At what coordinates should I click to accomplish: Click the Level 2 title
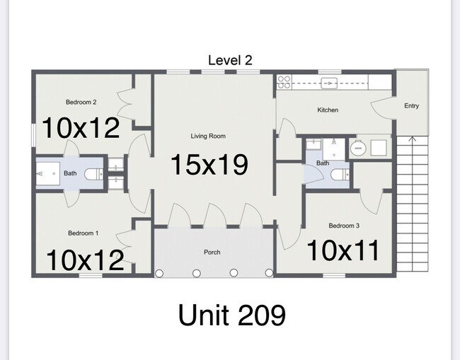(x=230, y=60)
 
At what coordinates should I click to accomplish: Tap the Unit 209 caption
(x=231, y=315)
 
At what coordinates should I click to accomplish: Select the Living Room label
(x=208, y=136)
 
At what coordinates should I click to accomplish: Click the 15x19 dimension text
(x=209, y=165)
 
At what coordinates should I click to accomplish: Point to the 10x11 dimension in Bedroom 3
(x=343, y=250)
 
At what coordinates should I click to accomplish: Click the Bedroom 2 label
(x=81, y=102)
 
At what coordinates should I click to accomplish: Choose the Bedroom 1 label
(x=83, y=233)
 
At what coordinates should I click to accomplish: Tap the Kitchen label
(x=328, y=110)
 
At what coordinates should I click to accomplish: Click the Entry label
(x=411, y=106)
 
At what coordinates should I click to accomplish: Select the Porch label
(x=212, y=252)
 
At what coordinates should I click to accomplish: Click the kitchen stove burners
(x=284, y=82)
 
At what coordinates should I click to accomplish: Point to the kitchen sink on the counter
(x=329, y=83)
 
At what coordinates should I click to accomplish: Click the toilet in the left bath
(x=94, y=174)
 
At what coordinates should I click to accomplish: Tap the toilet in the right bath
(x=340, y=175)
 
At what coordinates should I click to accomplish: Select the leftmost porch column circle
(x=159, y=273)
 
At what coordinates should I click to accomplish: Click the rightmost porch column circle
(x=269, y=273)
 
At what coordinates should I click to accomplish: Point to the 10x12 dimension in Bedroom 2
(x=81, y=128)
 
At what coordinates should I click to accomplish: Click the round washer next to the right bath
(x=357, y=148)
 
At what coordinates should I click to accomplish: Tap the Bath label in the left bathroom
(x=70, y=173)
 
